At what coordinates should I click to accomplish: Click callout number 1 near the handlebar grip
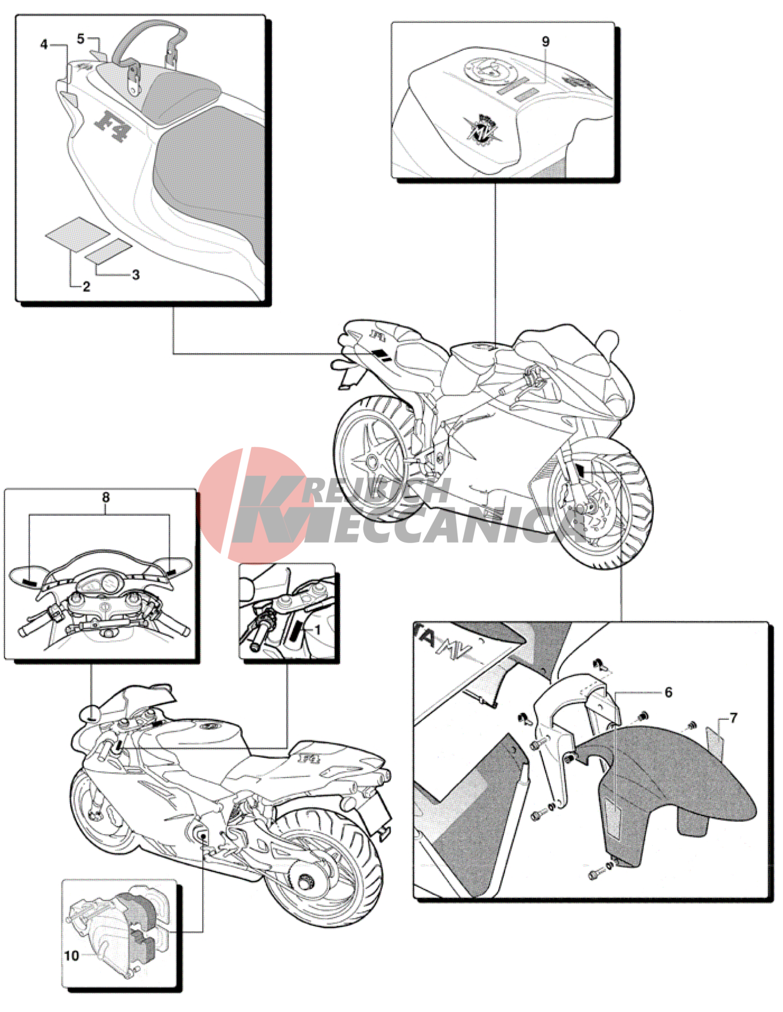pos(318,630)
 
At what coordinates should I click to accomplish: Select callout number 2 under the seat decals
pos(86,287)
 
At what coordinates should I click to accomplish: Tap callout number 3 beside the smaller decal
pos(135,275)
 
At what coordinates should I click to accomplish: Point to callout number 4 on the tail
pos(44,44)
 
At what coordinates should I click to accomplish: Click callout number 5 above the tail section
pos(80,39)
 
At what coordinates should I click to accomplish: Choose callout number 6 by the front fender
pos(668,692)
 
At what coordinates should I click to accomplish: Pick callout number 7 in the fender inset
pos(734,718)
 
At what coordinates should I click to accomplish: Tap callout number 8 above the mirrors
pos(106,497)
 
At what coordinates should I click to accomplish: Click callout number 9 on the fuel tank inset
pos(545,41)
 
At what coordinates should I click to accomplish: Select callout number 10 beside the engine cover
pos(71,955)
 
